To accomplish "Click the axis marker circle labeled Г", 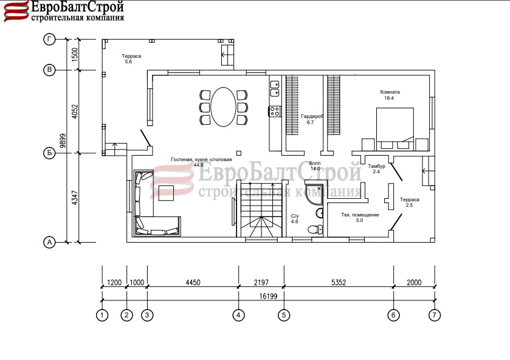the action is pyautogui.click(x=49, y=40).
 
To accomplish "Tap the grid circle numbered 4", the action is pyautogui.click(x=238, y=315).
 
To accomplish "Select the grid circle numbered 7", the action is pyautogui.click(x=435, y=315).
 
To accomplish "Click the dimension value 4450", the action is pyautogui.click(x=193, y=282).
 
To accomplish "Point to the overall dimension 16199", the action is pyautogui.click(x=268, y=296).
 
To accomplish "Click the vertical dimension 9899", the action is pyautogui.click(x=63, y=140).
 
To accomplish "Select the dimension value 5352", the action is pyautogui.click(x=339, y=282).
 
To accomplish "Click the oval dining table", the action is pyautogui.click(x=224, y=107).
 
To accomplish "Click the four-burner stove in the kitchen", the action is pyautogui.click(x=275, y=111).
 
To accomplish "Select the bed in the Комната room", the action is pyautogui.click(x=395, y=129).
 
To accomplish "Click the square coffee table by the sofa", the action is pyautogui.click(x=166, y=193).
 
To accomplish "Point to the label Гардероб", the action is pyautogui.click(x=312, y=116).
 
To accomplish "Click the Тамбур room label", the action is pyautogui.click(x=377, y=166).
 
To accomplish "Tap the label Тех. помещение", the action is pyautogui.click(x=360, y=215).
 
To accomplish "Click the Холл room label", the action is pyautogui.click(x=314, y=163).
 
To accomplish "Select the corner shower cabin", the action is pyautogui.click(x=314, y=195).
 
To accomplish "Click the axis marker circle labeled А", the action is pyautogui.click(x=49, y=242).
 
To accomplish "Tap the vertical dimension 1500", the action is pyautogui.click(x=75, y=55).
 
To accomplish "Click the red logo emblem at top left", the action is pyautogui.click(x=16, y=12).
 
